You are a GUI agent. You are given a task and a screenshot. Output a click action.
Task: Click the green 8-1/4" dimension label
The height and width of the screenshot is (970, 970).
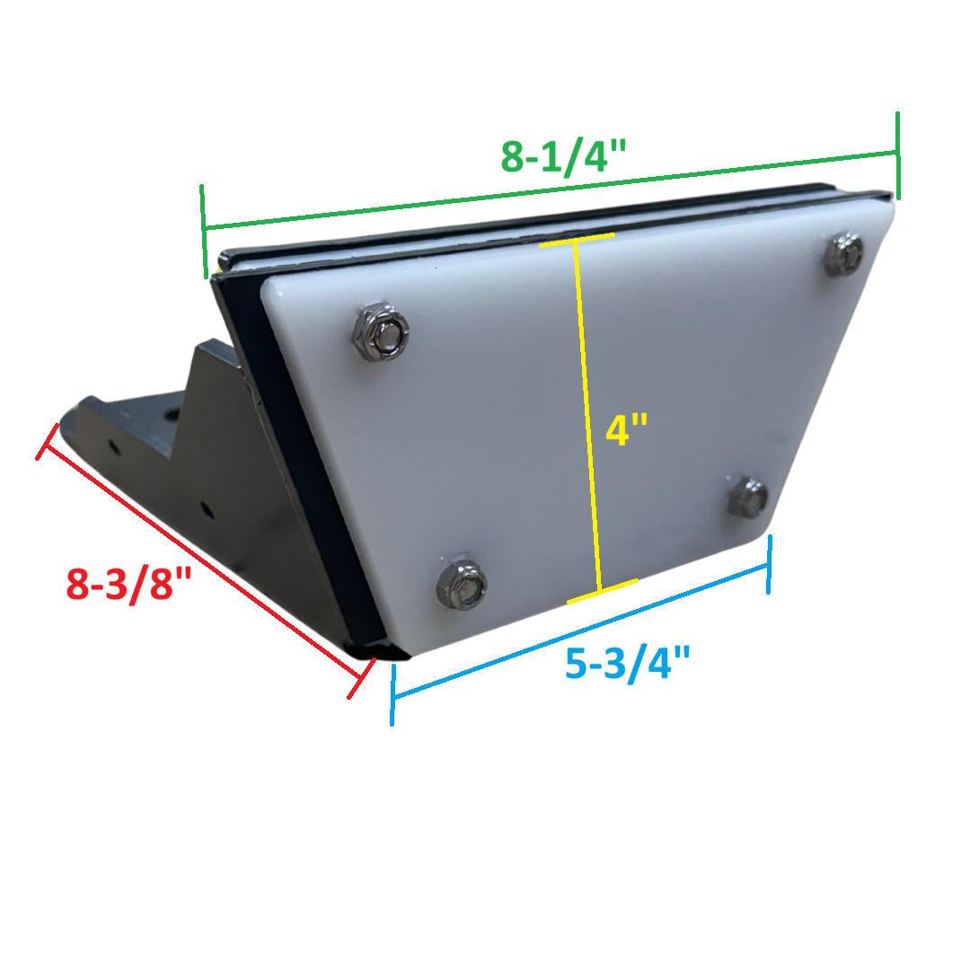[x=562, y=155]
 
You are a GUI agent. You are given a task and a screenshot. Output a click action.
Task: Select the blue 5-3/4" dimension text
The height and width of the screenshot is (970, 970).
[x=628, y=664]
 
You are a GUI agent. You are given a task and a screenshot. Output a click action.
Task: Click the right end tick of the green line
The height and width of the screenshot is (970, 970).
[x=897, y=154]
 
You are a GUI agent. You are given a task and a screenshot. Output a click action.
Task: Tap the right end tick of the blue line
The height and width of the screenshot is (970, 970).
[x=769, y=565]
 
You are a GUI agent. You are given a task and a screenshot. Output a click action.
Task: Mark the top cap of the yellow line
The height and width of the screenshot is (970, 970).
[x=577, y=239]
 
